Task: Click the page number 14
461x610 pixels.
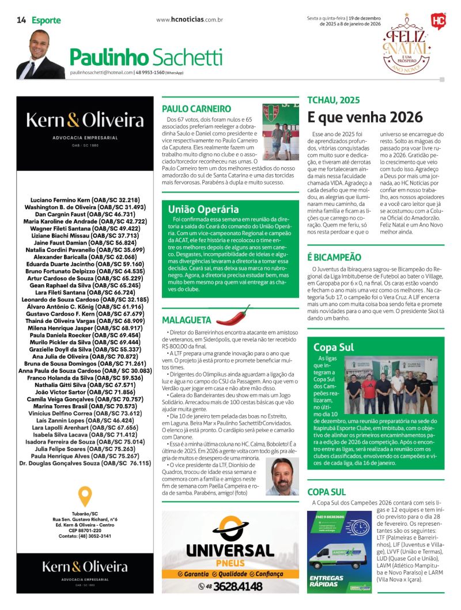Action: tap(21, 20)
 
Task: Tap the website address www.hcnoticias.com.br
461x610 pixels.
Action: tap(190, 20)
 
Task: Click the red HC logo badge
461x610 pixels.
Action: tap(438, 21)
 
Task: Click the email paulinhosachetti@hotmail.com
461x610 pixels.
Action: tap(101, 73)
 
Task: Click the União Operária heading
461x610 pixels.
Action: tap(203, 209)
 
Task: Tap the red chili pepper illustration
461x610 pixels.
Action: tap(233, 316)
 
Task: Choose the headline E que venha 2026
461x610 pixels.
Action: tap(365, 117)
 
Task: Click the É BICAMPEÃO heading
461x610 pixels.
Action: tap(334, 257)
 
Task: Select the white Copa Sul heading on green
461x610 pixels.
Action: tap(334, 347)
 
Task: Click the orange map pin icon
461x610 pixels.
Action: tap(85, 496)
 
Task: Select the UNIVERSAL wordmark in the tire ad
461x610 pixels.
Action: tap(230, 551)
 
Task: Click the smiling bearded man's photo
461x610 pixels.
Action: tap(282, 476)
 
